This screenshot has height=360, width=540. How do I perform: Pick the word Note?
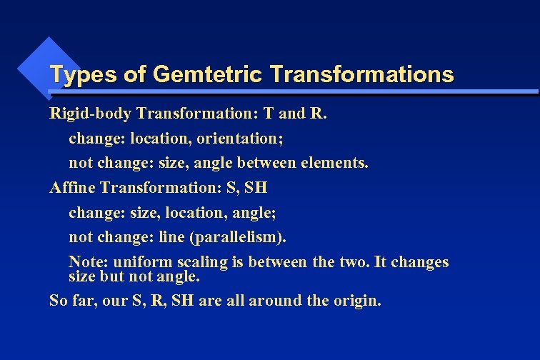tap(86, 261)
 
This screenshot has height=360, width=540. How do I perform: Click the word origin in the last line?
tap(357, 301)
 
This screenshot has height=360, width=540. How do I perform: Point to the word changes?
tap(420, 261)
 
